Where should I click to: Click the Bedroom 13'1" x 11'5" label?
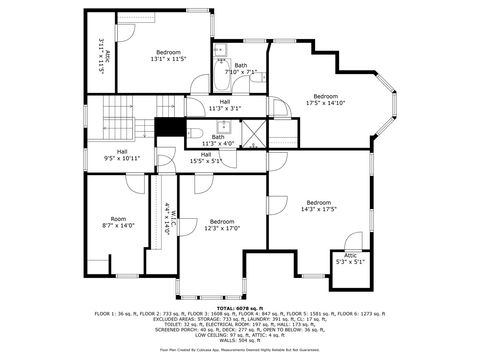168,56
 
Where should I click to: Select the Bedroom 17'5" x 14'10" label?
326,99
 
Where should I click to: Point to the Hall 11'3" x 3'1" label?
225,105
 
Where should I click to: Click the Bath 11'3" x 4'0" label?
217,140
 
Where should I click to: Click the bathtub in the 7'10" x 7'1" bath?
221,52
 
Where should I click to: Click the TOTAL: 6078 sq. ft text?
239,307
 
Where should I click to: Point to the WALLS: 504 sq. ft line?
239,340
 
